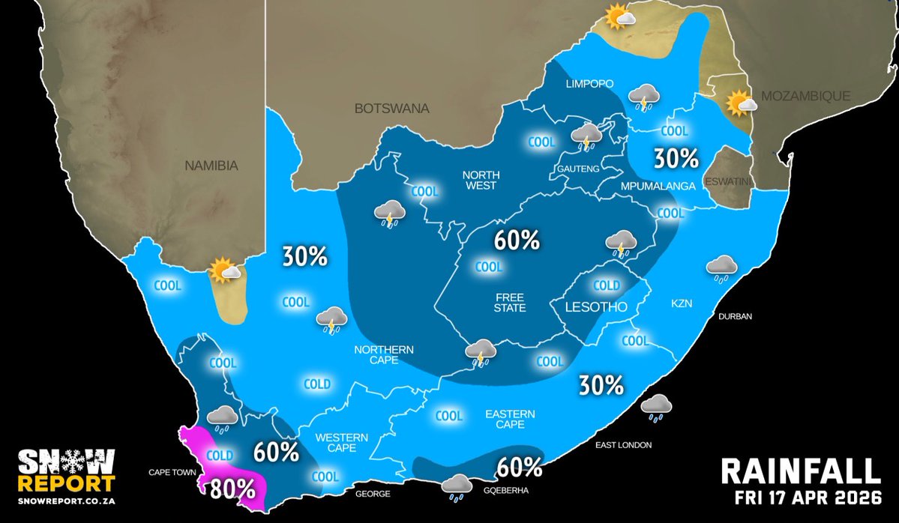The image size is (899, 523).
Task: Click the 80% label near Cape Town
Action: (x=232, y=488)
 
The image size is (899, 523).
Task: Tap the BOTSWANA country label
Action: (x=391, y=109)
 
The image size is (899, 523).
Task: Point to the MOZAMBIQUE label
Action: (x=805, y=96)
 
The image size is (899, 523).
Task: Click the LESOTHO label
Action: (x=592, y=306)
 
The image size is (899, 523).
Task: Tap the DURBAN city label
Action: (x=735, y=316)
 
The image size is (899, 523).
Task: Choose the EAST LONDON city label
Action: (x=624, y=445)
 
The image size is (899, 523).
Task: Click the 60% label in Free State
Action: (x=517, y=241)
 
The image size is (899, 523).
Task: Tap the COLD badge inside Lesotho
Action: (x=607, y=285)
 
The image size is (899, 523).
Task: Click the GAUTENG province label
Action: (x=577, y=169)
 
